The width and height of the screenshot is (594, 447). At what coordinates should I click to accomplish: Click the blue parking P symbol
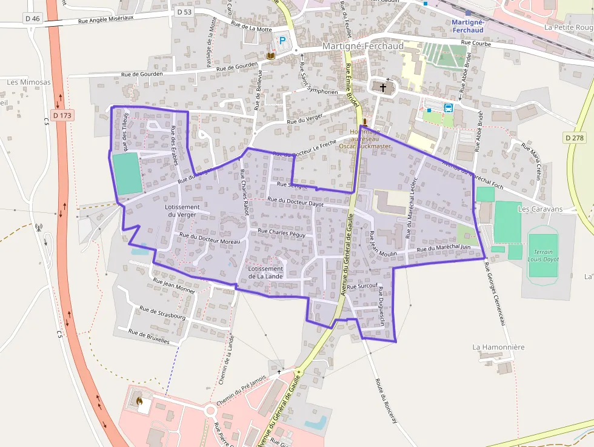click(x=281, y=41)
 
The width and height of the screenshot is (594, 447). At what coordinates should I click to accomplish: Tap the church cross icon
click(x=383, y=87)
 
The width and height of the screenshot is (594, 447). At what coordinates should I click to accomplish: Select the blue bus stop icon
click(x=449, y=108)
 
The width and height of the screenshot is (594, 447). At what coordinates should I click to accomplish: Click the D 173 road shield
click(x=62, y=115)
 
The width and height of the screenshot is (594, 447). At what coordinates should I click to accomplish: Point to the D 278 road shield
click(x=575, y=138)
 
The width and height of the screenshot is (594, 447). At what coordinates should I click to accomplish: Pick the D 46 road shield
click(x=33, y=19)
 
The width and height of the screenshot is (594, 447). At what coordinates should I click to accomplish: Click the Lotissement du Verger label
click(x=182, y=210)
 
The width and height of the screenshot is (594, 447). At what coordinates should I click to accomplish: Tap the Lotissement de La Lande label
click(x=265, y=272)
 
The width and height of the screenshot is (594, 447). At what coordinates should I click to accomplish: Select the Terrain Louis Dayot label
click(x=543, y=255)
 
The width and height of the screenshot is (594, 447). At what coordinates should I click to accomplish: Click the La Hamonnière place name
click(x=498, y=347)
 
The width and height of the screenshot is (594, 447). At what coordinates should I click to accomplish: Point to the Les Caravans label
click(x=540, y=209)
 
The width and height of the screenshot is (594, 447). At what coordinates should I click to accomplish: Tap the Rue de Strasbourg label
click(x=162, y=312)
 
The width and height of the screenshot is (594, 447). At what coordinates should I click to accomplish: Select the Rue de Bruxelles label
click(x=149, y=336)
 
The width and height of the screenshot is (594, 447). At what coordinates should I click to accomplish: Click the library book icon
click(x=271, y=56)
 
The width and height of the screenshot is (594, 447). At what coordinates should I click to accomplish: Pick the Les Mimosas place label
click(x=29, y=82)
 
